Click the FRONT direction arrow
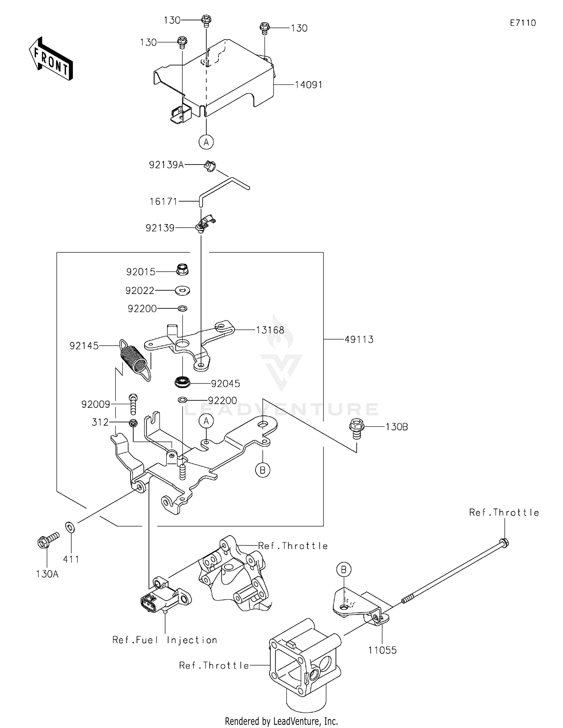click(51, 59)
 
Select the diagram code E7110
click(523, 23)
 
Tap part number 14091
click(309, 85)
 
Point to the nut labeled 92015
click(182, 269)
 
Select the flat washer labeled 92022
click(182, 290)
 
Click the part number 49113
click(359, 340)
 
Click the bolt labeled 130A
click(48, 541)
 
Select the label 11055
click(382, 650)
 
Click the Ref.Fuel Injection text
click(165, 640)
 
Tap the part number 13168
click(270, 330)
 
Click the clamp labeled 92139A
click(210, 166)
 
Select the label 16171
click(163, 202)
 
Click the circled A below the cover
click(206, 142)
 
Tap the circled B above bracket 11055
click(343, 570)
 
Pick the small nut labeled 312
click(133, 423)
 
